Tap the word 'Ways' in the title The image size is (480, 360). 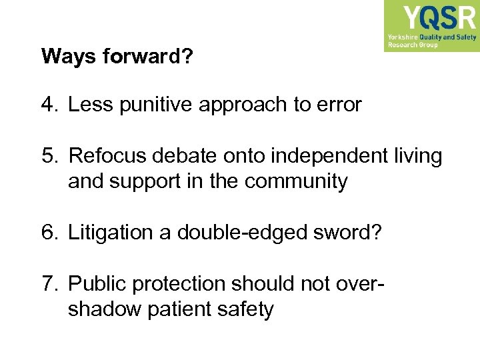pyautogui.click(x=69, y=57)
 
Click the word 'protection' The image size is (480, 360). pyautogui.click(x=179, y=284)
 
